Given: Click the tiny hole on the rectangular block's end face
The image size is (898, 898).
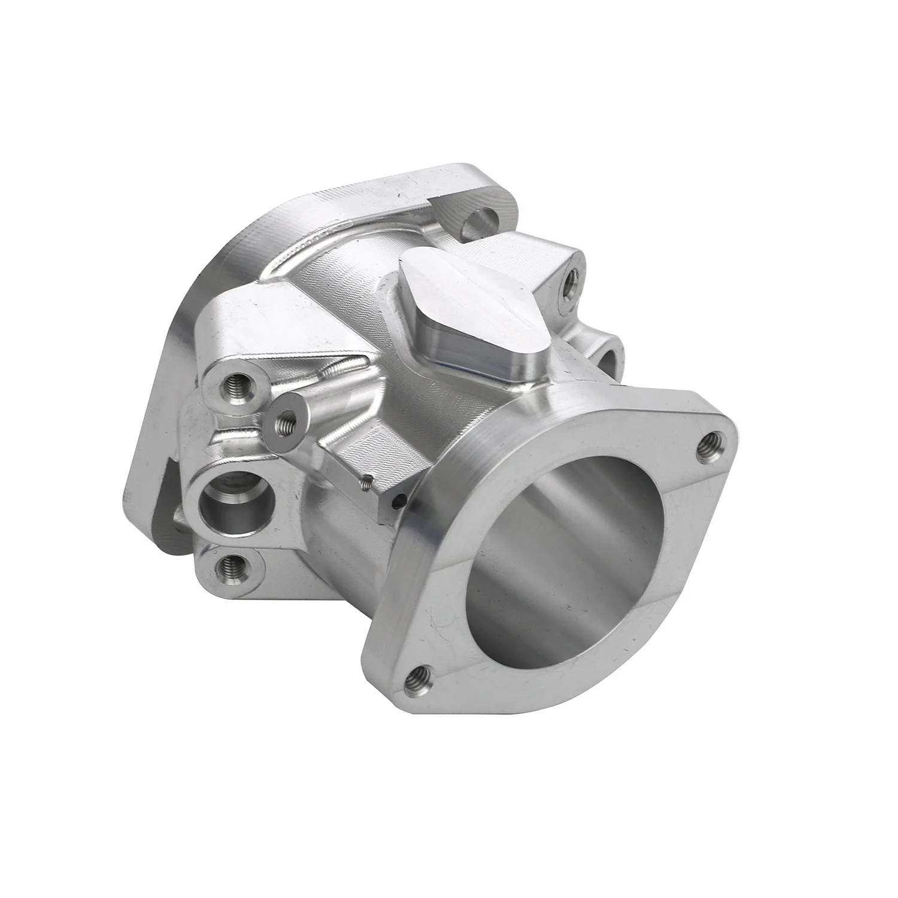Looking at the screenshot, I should pos(393,502).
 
